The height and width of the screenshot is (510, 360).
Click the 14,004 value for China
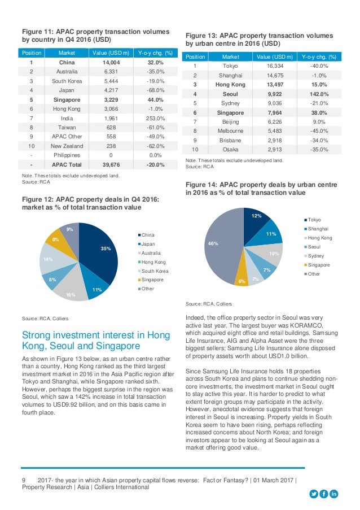pos(111,63)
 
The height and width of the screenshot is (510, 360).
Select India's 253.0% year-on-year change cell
pos(155,119)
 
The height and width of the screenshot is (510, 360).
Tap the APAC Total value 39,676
pos(111,164)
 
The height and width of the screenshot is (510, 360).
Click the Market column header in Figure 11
pos(67,53)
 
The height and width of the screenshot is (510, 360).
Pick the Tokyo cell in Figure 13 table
pos(230,66)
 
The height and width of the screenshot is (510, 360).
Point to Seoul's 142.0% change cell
pos(319,94)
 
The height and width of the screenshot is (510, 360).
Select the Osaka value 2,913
pos(275,150)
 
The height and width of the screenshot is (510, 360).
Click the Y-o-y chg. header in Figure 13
pos(319,57)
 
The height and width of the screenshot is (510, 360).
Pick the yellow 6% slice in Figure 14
pos(242,277)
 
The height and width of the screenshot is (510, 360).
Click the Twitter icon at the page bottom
pos(314,494)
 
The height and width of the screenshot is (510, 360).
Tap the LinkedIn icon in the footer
pos(333,494)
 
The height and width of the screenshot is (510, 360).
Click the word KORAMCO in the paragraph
pos(306,325)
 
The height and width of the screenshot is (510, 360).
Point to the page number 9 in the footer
pos(24,480)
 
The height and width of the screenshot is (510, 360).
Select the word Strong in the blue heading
pos(36,335)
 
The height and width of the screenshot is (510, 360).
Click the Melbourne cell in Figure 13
pos(230,131)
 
